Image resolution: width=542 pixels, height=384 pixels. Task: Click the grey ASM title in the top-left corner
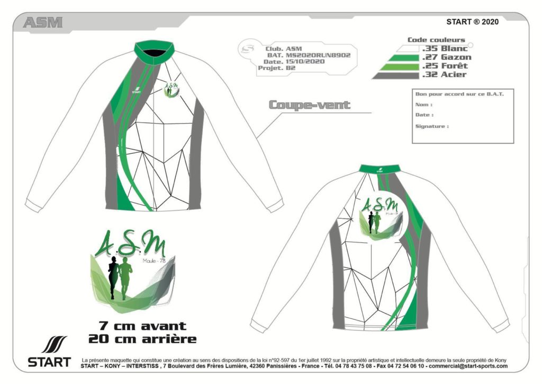tap(43, 22)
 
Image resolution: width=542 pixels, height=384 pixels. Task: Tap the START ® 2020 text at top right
tap(472, 22)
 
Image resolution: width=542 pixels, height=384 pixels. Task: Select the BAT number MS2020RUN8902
tap(318, 55)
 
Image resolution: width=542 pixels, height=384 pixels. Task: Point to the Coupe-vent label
tap(310, 104)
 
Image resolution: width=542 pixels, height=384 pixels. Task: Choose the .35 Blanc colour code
tap(445, 49)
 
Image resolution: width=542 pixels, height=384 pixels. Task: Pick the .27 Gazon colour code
tap(446, 57)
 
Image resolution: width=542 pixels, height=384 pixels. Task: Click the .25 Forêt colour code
tap(445, 66)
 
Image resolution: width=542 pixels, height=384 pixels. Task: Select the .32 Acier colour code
tap(444, 75)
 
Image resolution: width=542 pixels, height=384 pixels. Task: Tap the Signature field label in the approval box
tap(432, 127)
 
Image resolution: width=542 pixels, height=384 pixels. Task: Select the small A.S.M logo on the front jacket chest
tap(170, 89)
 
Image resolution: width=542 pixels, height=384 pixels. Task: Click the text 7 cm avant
tap(142, 326)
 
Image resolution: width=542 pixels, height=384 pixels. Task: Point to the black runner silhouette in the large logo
tap(113, 279)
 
